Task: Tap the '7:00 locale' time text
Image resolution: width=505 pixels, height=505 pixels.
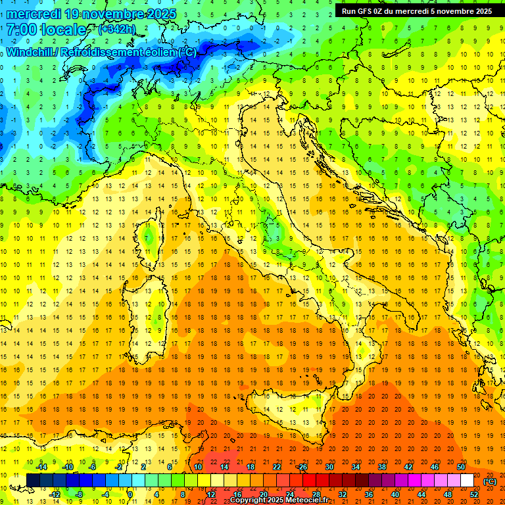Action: click(x=46, y=30)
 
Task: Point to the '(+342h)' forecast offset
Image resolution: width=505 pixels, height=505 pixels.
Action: click(x=117, y=29)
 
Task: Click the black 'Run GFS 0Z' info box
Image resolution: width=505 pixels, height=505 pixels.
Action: click(x=416, y=11)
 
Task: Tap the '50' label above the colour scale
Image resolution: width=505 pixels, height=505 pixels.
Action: click(x=460, y=466)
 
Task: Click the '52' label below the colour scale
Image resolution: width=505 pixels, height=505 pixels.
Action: click(x=473, y=494)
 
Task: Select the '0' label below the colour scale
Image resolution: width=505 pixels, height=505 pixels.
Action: click(x=130, y=494)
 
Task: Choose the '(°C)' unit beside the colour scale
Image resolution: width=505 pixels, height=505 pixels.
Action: click(x=489, y=481)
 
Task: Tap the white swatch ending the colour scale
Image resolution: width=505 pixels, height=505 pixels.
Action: click(x=467, y=481)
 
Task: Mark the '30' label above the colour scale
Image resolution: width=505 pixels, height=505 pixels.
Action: click(x=329, y=466)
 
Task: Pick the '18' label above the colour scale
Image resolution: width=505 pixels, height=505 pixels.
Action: click(x=250, y=466)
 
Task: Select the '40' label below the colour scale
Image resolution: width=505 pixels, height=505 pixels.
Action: click(x=395, y=494)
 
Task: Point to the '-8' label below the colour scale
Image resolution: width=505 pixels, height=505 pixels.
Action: click(x=80, y=494)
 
